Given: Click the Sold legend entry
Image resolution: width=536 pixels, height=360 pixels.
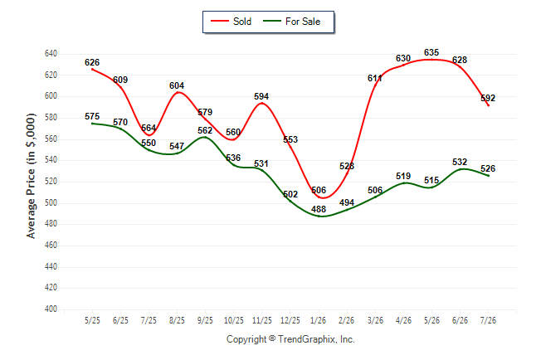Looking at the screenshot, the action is click(x=231, y=22).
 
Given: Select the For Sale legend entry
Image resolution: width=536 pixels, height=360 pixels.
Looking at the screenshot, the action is click(x=291, y=22).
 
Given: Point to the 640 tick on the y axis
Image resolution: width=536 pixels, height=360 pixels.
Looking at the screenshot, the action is click(x=51, y=54).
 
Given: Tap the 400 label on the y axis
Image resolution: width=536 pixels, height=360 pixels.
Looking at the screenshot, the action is click(x=51, y=309).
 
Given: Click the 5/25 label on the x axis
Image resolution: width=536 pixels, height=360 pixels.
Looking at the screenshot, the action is click(x=92, y=320).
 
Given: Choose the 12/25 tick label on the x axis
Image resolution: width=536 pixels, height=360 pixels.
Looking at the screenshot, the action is click(x=290, y=320).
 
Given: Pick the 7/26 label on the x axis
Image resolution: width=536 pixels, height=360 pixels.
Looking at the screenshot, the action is click(x=488, y=320).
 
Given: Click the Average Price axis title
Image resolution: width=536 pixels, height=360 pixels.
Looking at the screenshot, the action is click(x=31, y=176).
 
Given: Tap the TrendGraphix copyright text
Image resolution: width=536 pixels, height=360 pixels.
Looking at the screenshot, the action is click(x=290, y=339).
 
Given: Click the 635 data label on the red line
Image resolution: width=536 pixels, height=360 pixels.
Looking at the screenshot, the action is click(x=431, y=52).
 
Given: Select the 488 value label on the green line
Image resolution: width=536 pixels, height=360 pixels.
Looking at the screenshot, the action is click(x=319, y=209).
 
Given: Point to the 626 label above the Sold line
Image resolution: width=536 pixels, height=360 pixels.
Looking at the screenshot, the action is click(x=92, y=62).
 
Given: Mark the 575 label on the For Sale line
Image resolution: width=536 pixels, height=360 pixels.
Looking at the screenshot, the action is click(x=92, y=117).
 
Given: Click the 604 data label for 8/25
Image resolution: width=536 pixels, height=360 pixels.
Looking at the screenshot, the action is click(x=177, y=85).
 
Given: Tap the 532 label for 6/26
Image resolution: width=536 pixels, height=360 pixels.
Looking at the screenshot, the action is click(x=460, y=162).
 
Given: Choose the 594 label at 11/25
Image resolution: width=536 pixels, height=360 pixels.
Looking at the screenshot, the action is click(x=261, y=97).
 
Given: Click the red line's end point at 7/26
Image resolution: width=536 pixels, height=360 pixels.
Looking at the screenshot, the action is click(x=489, y=105).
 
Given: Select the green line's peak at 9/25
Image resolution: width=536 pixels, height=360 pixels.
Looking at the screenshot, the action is click(x=205, y=137).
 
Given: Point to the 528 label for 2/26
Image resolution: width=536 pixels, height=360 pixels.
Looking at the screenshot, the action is click(x=347, y=166).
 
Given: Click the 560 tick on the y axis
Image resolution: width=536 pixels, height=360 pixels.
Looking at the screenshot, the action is click(x=51, y=139).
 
